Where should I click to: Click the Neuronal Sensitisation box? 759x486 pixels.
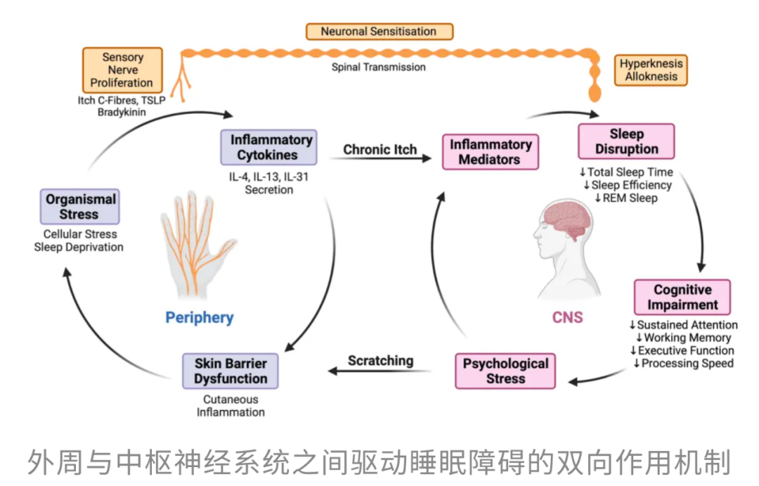(x=379, y=32)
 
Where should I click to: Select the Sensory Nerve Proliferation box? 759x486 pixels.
(x=122, y=70)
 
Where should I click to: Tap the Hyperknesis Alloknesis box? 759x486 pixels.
(x=651, y=70)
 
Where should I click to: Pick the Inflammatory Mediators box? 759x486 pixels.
(x=490, y=152)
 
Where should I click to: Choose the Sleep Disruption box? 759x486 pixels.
(x=625, y=141)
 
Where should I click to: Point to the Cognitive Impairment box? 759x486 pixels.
(x=682, y=298)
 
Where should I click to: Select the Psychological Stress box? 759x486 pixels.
(x=505, y=371)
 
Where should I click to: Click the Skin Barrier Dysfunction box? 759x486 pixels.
(x=230, y=371)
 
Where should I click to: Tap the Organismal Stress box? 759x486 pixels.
(x=79, y=207)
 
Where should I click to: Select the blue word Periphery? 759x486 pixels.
(x=199, y=317)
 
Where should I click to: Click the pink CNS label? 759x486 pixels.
(x=567, y=317)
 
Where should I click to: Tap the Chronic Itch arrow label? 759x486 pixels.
(x=379, y=150)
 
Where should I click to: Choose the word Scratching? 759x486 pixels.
(x=380, y=361)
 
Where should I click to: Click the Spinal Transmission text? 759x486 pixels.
(x=379, y=68)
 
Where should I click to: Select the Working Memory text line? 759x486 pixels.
(x=682, y=338)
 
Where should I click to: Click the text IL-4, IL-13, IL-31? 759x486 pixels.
(x=268, y=177)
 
